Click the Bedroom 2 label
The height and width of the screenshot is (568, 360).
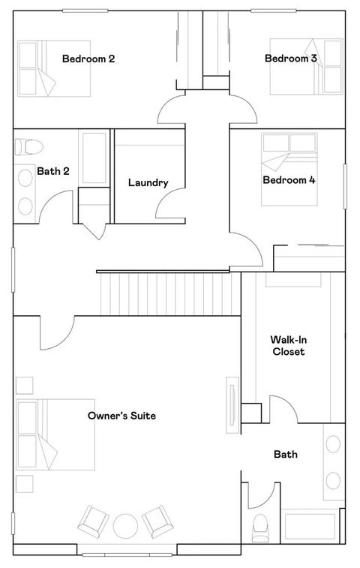click(88, 59)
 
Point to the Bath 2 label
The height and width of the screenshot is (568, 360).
click(53, 171)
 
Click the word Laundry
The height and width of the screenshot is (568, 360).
click(148, 182)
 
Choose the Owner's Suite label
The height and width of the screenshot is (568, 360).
click(121, 416)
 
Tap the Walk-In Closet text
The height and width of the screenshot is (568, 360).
click(288, 345)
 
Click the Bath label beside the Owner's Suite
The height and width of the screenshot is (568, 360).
click(285, 454)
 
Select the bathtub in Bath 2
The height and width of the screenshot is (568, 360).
click(94, 158)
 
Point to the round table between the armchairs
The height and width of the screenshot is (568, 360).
click(124, 524)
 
